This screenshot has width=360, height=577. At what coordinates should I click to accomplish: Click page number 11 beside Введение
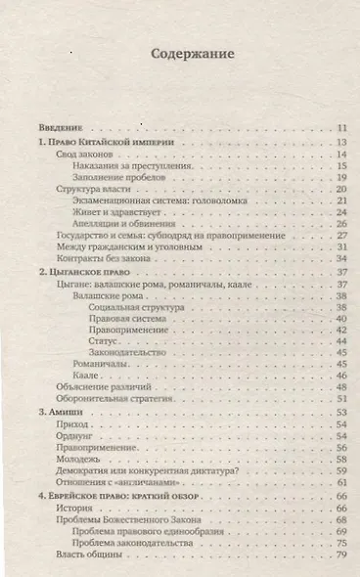click(341, 128)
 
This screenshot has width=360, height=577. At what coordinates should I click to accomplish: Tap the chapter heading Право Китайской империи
click(108, 143)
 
